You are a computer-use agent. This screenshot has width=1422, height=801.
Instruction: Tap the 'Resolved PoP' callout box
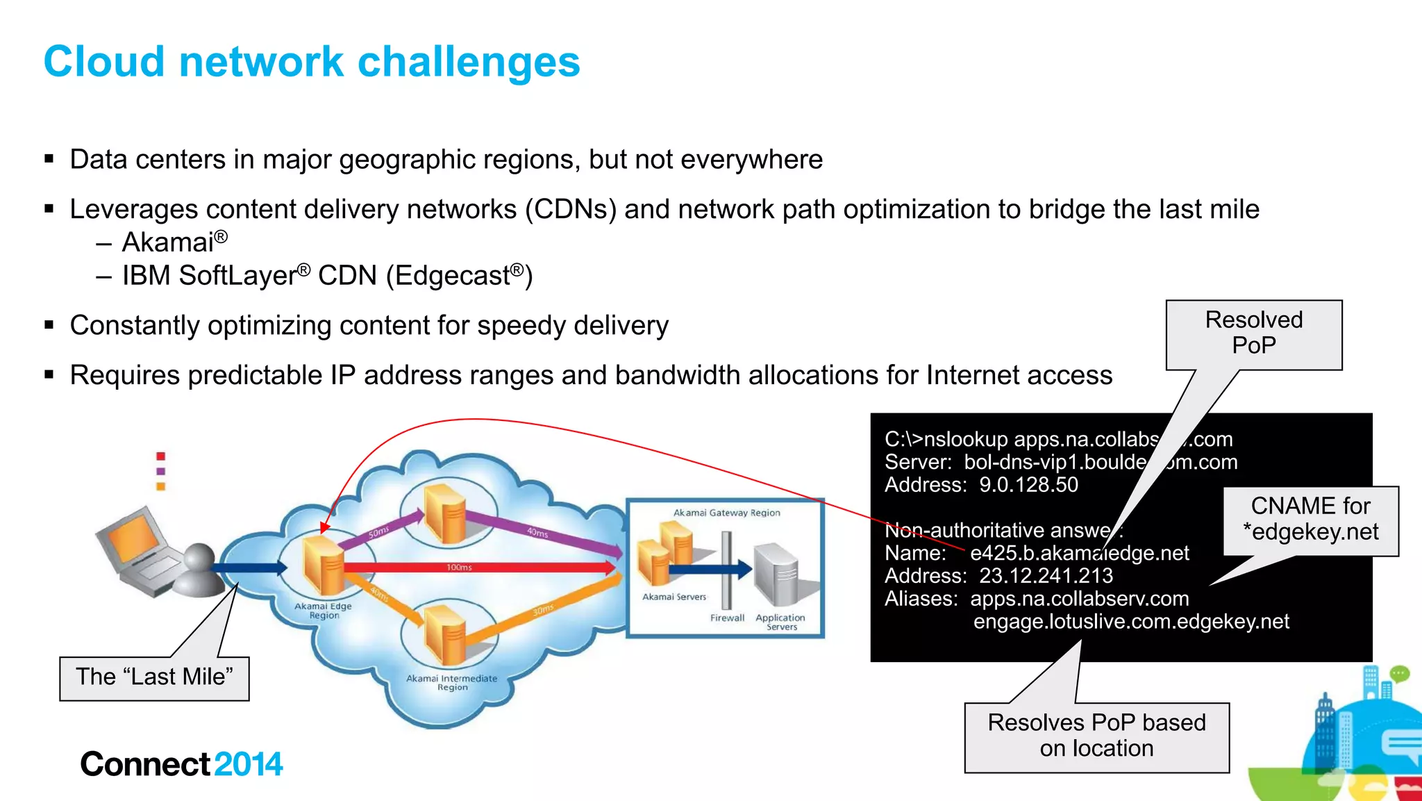coord(1253,333)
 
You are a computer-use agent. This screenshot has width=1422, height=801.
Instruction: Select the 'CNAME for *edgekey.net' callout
coord(1310,520)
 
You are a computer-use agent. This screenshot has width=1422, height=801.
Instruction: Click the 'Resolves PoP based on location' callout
coord(1096,736)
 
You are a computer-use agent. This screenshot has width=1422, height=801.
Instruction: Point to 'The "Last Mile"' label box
coord(154,677)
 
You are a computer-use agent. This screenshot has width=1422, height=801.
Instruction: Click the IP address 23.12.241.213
coord(1046,576)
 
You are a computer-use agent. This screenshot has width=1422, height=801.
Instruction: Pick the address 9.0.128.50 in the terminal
coord(1028,485)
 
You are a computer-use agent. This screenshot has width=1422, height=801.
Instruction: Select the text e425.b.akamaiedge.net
coord(1079,554)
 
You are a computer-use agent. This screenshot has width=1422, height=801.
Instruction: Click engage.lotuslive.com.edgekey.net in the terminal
coord(1131,622)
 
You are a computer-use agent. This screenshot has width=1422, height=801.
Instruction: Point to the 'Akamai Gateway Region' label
coord(726,513)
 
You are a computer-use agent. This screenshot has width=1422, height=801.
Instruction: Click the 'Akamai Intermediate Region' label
coord(452,683)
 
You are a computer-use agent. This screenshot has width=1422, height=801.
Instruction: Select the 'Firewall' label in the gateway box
coord(727,618)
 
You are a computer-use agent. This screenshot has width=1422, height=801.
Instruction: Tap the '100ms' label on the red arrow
coord(459,568)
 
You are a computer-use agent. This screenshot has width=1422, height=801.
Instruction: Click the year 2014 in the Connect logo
coord(249,765)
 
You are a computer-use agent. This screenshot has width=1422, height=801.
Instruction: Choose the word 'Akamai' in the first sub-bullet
coord(167,242)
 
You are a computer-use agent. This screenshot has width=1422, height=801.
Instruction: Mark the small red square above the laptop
coord(161,456)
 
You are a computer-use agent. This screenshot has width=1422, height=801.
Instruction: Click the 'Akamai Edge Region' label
coord(324,611)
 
